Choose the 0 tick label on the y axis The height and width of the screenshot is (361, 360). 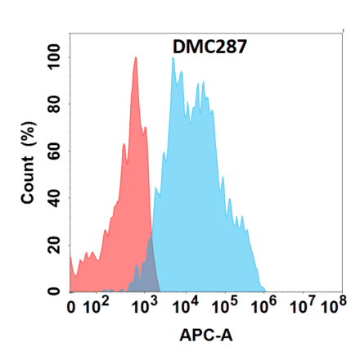pos(56,291)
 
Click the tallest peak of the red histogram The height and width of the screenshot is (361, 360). pos(135,59)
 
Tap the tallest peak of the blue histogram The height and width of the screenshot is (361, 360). pos(173,59)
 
